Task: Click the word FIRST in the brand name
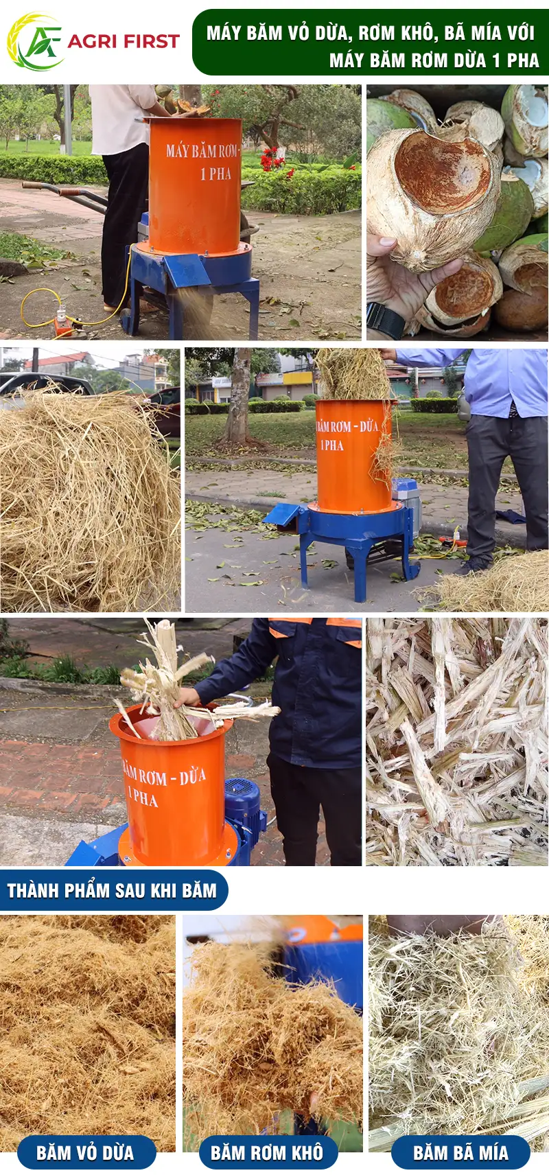click(152, 41)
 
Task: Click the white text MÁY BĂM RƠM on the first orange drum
click(201, 152)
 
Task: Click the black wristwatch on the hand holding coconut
click(384, 321)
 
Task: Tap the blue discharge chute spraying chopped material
click(188, 271)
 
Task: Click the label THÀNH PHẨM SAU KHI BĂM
click(112, 890)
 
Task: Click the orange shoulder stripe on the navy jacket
click(343, 623)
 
